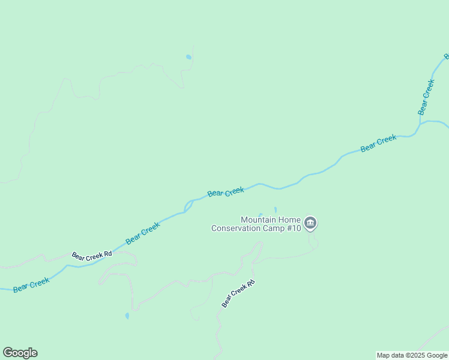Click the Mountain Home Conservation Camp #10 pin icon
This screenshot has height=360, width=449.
(310, 223)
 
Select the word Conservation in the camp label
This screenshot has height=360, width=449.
(236, 228)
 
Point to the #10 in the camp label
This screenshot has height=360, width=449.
(292, 228)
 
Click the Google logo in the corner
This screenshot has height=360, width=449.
(20, 353)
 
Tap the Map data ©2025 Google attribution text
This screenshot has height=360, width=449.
(412, 355)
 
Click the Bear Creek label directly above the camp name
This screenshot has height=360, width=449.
(226, 192)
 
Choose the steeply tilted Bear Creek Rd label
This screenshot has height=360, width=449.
(238, 294)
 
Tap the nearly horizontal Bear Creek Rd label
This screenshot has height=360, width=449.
(92, 255)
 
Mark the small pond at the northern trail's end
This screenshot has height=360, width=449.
(188, 57)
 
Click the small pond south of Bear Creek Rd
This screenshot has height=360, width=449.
(127, 316)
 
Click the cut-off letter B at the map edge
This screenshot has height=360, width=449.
(446, 56)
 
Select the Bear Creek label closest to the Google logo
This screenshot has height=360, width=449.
(31, 284)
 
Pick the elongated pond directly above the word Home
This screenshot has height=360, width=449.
(276, 209)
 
